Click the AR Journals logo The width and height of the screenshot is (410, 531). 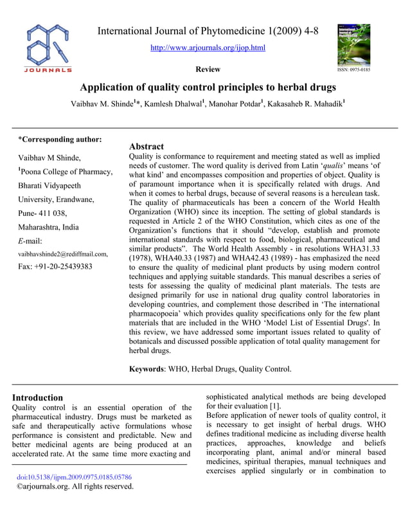49,49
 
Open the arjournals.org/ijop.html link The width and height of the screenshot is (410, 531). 207,48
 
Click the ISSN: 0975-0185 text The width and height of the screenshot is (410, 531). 353,69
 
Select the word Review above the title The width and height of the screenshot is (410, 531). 208,69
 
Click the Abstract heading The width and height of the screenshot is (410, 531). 147,147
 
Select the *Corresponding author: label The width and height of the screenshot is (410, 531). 59,139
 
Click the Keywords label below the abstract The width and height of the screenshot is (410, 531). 147,369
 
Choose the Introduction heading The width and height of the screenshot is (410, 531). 38,397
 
